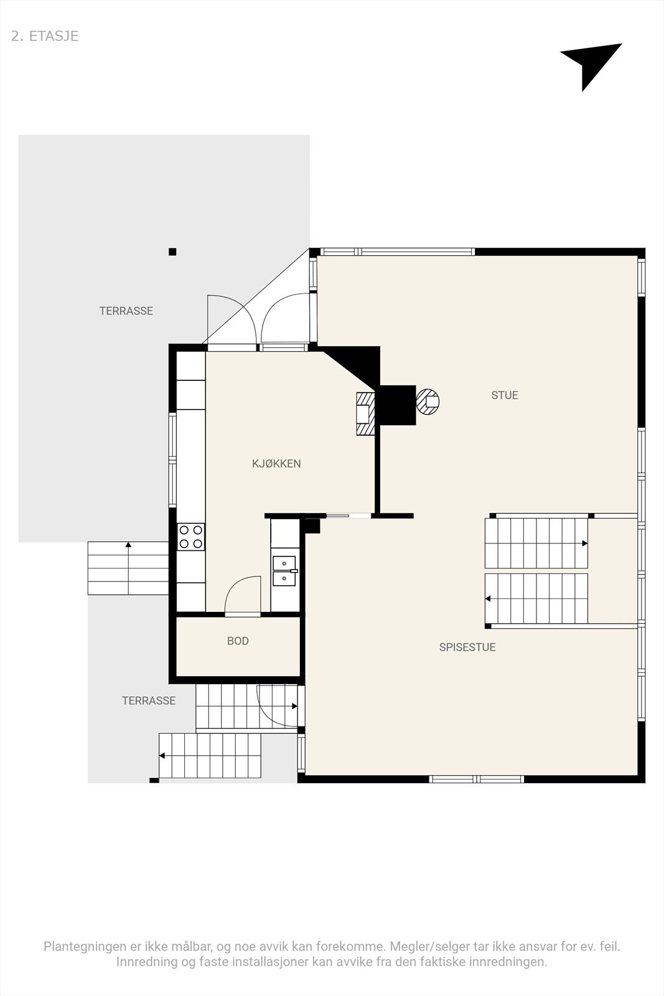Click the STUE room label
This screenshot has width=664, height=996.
(x=504, y=395)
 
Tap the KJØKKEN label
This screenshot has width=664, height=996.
(x=276, y=463)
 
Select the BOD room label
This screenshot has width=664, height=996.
(x=238, y=641)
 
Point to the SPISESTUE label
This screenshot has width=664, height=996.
(x=467, y=647)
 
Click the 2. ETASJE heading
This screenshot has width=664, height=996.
(x=45, y=36)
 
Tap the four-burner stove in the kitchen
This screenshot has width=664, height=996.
(x=191, y=537)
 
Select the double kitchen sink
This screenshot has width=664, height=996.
(x=284, y=571)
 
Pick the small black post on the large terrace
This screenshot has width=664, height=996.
(x=172, y=252)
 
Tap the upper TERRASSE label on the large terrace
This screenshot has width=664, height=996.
(x=126, y=311)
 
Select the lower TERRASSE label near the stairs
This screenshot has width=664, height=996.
(x=148, y=700)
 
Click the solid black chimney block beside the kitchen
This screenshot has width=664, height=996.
(x=397, y=405)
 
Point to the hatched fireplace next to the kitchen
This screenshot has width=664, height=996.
(x=365, y=413)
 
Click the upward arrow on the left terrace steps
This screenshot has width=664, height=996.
(x=128, y=546)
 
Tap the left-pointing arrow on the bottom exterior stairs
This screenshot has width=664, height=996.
(x=162, y=756)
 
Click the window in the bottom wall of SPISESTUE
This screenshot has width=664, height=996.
(x=477, y=779)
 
